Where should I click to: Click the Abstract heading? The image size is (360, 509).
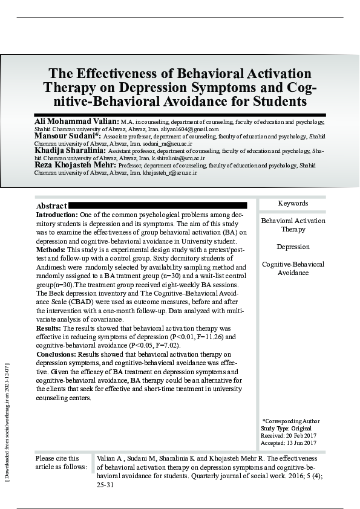(x=51, y=206)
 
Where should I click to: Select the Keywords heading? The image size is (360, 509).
(x=293, y=204)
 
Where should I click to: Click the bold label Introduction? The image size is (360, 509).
(x=57, y=215)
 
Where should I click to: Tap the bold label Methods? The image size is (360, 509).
(x=51, y=249)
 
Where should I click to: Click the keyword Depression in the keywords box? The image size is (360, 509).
(x=293, y=247)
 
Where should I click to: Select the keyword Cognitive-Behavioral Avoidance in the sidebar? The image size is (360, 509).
(x=293, y=268)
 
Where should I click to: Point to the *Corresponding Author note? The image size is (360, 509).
(x=291, y=421)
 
